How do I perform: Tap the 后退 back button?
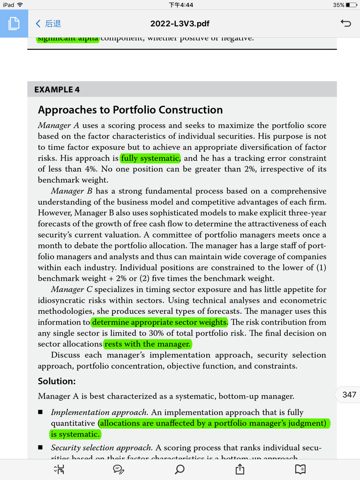(x=48, y=23)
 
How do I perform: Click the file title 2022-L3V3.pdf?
(x=180, y=23)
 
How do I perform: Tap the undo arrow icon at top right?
(x=345, y=23)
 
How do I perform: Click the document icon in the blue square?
(x=14, y=23)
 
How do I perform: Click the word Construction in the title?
(x=191, y=110)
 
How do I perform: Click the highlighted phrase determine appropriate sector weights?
(x=159, y=322)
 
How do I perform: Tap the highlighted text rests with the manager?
(x=147, y=344)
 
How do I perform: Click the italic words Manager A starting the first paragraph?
(x=59, y=126)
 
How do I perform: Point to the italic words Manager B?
(x=72, y=191)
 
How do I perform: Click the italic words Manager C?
(x=72, y=290)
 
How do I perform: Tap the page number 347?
(x=349, y=395)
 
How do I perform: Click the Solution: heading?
(x=56, y=382)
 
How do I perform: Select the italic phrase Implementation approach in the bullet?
(x=99, y=412)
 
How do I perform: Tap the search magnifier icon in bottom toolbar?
(x=180, y=469)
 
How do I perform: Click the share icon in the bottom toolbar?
(x=240, y=469)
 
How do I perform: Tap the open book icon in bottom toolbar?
(x=300, y=469)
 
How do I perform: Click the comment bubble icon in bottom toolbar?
(x=119, y=469)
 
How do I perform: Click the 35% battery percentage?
(x=338, y=5)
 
